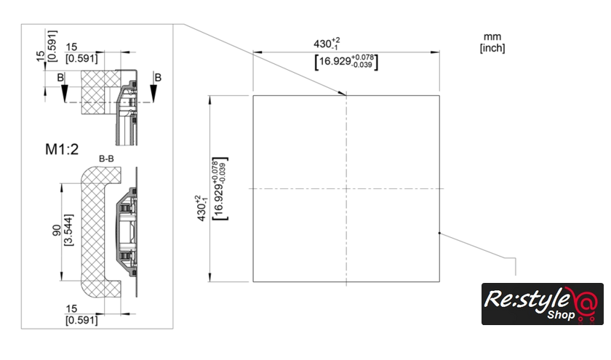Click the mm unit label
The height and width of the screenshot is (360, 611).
[x=492, y=36]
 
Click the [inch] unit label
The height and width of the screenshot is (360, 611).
[x=492, y=48]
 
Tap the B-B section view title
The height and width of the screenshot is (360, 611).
[x=107, y=158]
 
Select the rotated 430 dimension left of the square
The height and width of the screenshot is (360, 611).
[x=201, y=208]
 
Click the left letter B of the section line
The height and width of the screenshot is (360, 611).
[x=59, y=76]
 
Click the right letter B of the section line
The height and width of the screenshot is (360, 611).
[x=157, y=76]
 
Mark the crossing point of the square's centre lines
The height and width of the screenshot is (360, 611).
[x=346, y=189]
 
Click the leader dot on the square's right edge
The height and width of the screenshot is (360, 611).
[x=439, y=233]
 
